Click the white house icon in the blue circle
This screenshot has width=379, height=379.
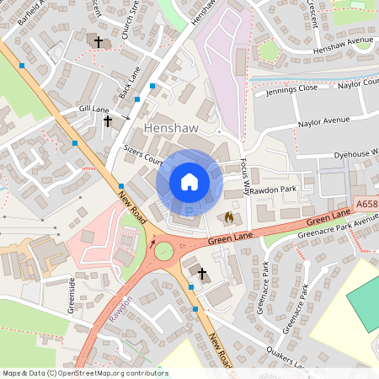tap(189, 182)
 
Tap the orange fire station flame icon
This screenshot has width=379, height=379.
tap(228, 217)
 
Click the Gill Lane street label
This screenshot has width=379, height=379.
tap(94, 109)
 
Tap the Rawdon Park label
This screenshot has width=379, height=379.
tap(273, 189)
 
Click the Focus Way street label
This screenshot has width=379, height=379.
tap(246, 175)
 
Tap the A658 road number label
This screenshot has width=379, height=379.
tap(366, 204)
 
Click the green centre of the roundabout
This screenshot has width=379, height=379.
tap(162, 251)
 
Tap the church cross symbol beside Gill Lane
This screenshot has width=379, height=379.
tap(107, 121)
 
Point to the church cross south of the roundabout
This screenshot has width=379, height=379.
tap(201, 272)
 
